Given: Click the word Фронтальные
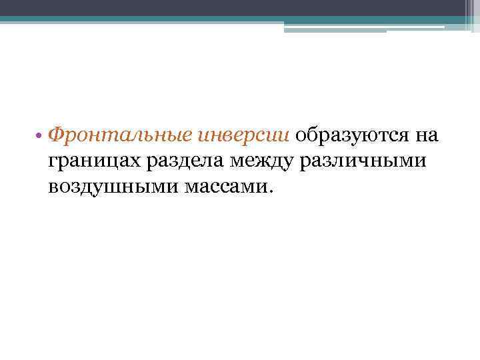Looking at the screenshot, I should [x=122, y=135].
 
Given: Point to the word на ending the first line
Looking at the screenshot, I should [x=426, y=136].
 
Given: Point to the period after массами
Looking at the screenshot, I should [x=270, y=192].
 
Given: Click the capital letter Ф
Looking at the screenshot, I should [x=57, y=135].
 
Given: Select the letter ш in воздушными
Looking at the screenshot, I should [x=114, y=187].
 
